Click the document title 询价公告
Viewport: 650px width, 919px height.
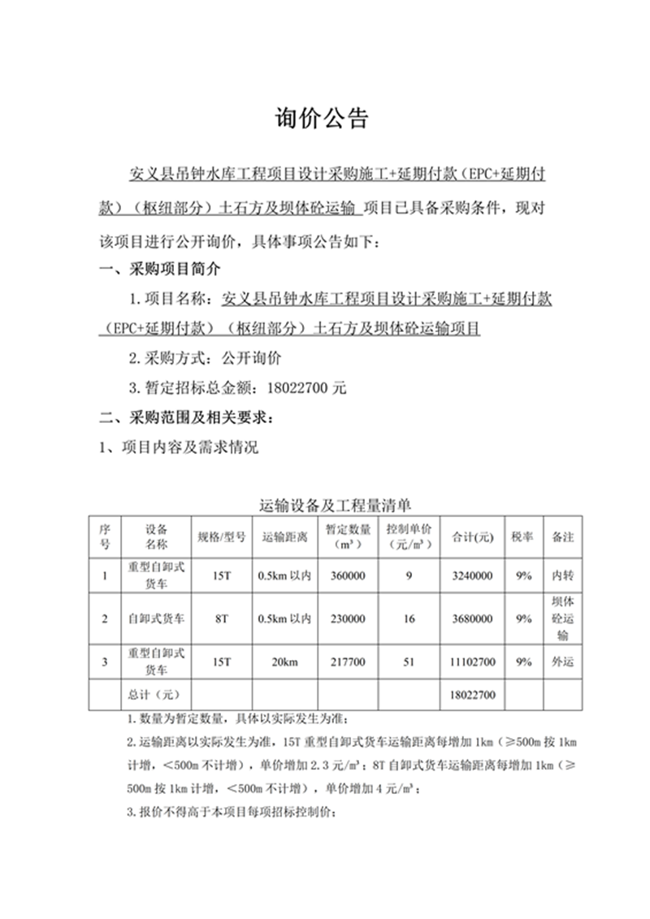pyautogui.click(x=324, y=119)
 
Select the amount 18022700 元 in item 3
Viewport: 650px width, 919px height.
pyautogui.click(x=300, y=388)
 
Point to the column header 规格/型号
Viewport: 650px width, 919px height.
pyautogui.click(x=221, y=537)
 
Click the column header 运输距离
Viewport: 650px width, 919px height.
pyautogui.click(x=284, y=537)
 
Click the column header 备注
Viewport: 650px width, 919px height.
pyautogui.click(x=563, y=537)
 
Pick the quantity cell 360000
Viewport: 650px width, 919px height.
pyautogui.click(x=349, y=576)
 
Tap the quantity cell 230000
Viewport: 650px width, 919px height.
pyautogui.click(x=349, y=619)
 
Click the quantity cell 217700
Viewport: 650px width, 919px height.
pyautogui.click(x=349, y=662)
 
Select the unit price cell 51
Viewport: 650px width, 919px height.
pyautogui.click(x=409, y=662)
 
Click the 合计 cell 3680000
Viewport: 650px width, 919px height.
pyautogui.click(x=472, y=619)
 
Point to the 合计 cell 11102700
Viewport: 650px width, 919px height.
pyautogui.click(x=472, y=662)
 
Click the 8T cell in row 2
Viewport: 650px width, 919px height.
pyautogui.click(x=221, y=619)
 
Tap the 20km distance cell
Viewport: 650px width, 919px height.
pyautogui.click(x=284, y=662)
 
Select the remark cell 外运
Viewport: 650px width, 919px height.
pyautogui.click(x=563, y=662)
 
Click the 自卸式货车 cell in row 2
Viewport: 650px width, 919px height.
pyautogui.click(x=156, y=619)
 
